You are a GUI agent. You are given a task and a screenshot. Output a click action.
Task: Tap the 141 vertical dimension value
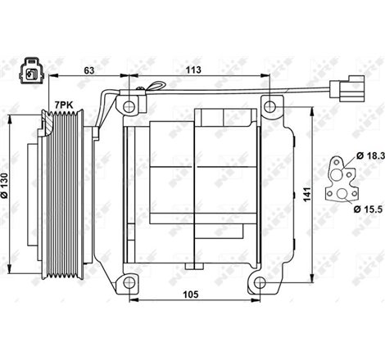306,194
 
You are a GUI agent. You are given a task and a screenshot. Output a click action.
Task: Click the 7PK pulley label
63,105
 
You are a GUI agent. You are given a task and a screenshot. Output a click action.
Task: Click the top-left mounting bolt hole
127,107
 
